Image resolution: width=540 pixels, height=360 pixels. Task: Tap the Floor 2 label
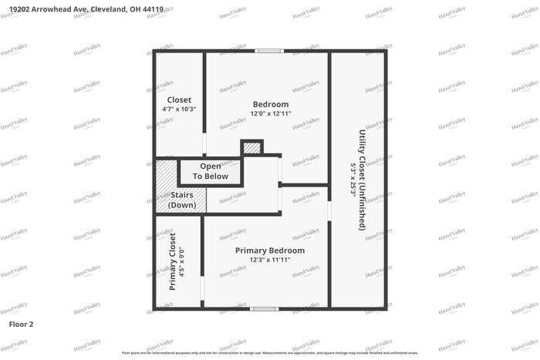pos(22,325)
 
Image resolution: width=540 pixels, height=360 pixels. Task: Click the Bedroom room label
pos(271,104)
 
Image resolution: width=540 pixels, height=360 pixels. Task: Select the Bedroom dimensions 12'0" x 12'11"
pos(271,113)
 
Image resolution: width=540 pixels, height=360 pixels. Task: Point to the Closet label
pos(179,99)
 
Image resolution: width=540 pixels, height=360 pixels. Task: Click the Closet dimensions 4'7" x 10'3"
pos(179,109)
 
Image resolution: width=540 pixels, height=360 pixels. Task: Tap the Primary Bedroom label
pos(270,251)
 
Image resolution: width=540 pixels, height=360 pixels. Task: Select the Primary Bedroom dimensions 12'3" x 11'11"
pos(270,260)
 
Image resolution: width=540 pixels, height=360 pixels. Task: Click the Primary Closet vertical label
pos(172,261)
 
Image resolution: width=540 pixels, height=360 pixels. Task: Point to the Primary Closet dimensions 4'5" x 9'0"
pos(182,261)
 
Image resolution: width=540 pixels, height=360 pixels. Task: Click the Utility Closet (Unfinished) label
pos(361,180)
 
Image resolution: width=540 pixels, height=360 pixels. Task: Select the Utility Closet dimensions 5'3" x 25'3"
pos(352,180)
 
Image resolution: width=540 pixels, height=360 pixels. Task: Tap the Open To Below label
pos(211,171)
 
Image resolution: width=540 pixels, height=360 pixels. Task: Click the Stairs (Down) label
pos(181,200)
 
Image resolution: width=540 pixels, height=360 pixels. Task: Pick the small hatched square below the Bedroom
pos(251,147)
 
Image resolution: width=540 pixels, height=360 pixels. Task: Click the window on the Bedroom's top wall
pos(269,52)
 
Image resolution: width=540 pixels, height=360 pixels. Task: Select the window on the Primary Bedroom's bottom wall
pos(265,308)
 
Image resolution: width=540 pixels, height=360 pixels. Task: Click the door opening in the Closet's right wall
pos(204,144)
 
